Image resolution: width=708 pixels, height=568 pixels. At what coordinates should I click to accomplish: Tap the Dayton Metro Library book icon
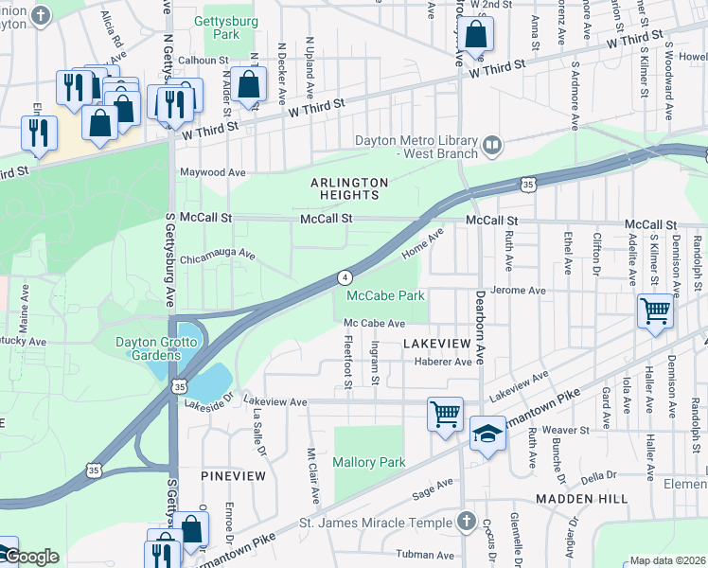(x=491, y=145)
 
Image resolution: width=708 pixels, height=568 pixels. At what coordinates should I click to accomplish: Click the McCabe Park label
(x=385, y=296)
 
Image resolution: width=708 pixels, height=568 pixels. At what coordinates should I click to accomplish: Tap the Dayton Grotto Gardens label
(x=135, y=348)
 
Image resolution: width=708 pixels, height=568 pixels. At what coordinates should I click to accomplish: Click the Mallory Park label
(x=369, y=462)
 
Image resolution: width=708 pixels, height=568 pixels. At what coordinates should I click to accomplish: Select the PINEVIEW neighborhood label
(x=233, y=475)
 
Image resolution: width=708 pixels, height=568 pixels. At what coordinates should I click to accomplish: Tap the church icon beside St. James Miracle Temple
(x=465, y=521)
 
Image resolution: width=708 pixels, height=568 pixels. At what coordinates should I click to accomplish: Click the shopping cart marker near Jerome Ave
(x=655, y=310)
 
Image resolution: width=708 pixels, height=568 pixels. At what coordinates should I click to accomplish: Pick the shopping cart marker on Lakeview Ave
(x=445, y=414)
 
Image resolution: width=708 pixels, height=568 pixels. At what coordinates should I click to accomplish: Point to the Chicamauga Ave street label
(x=218, y=255)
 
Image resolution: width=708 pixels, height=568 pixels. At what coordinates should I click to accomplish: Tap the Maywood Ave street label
(x=213, y=173)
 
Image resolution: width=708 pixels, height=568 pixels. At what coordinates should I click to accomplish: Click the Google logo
(x=30, y=557)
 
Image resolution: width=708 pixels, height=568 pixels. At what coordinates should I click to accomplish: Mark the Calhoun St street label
(x=198, y=60)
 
